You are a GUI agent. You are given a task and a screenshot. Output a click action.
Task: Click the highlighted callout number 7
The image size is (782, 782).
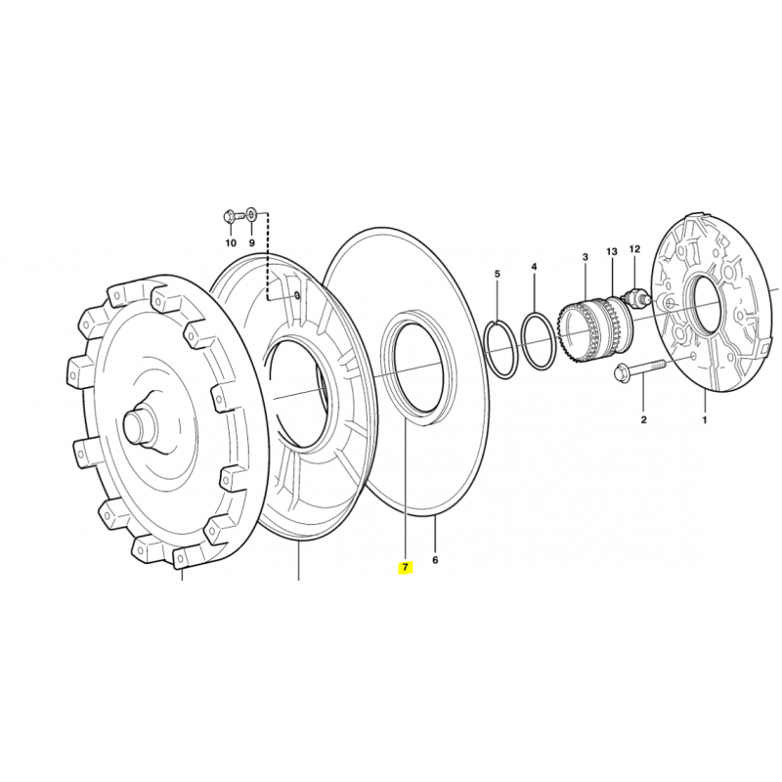click(405, 568)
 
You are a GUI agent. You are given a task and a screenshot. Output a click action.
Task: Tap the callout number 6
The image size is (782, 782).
click(435, 560)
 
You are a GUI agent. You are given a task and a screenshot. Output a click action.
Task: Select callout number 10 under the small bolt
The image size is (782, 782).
click(231, 243)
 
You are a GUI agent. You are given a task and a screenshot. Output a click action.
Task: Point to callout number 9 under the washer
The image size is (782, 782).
click(252, 243)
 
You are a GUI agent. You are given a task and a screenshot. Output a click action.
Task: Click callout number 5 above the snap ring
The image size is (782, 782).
click(498, 274)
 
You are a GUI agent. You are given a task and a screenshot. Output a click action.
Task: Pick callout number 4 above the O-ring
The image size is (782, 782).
click(534, 267)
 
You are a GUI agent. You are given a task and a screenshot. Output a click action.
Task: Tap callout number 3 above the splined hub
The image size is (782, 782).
click(586, 257)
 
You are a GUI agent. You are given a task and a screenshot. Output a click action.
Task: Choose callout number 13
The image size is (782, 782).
click(612, 252)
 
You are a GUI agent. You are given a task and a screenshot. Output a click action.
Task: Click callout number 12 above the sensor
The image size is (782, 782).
click(634, 249)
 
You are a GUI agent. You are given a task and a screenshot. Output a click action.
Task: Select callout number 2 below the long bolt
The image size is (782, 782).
click(644, 420)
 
